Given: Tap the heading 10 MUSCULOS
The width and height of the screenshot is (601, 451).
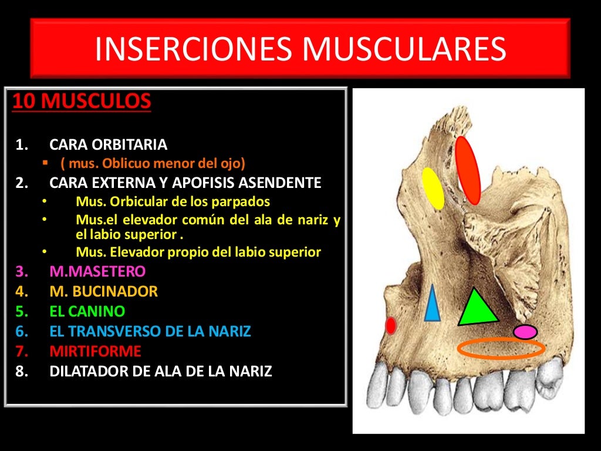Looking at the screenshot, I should (x=82, y=102).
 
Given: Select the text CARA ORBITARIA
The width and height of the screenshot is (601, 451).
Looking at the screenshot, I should (x=109, y=144).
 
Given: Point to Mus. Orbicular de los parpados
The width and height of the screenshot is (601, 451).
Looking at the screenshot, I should (x=173, y=201).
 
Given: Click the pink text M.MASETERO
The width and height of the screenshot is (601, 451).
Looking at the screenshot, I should (x=97, y=271).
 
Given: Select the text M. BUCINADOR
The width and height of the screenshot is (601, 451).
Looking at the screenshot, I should (x=104, y=291).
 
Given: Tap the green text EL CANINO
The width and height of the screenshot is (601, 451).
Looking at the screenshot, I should (x=87, y=311).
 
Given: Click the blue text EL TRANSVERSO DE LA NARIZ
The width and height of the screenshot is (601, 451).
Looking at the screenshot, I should (x=150, y=331).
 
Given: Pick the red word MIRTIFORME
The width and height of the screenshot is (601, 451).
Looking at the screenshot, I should (x=96, y=351).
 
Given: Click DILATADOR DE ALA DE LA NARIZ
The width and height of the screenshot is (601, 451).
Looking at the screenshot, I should (x=161, y=371).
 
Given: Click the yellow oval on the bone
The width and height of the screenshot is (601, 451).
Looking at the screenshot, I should (x=433, y=188).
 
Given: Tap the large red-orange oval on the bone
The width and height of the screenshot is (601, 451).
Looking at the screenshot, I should (x=468, y=170).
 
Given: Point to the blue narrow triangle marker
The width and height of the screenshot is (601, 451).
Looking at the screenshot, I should (x=432, y=305).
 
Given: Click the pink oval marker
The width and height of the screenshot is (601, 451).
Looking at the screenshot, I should (x=525, y=332).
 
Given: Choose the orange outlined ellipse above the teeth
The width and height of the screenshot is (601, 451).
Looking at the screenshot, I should (x=501, y=348).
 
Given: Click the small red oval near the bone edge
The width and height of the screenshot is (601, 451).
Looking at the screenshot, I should (x=390, y=325).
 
